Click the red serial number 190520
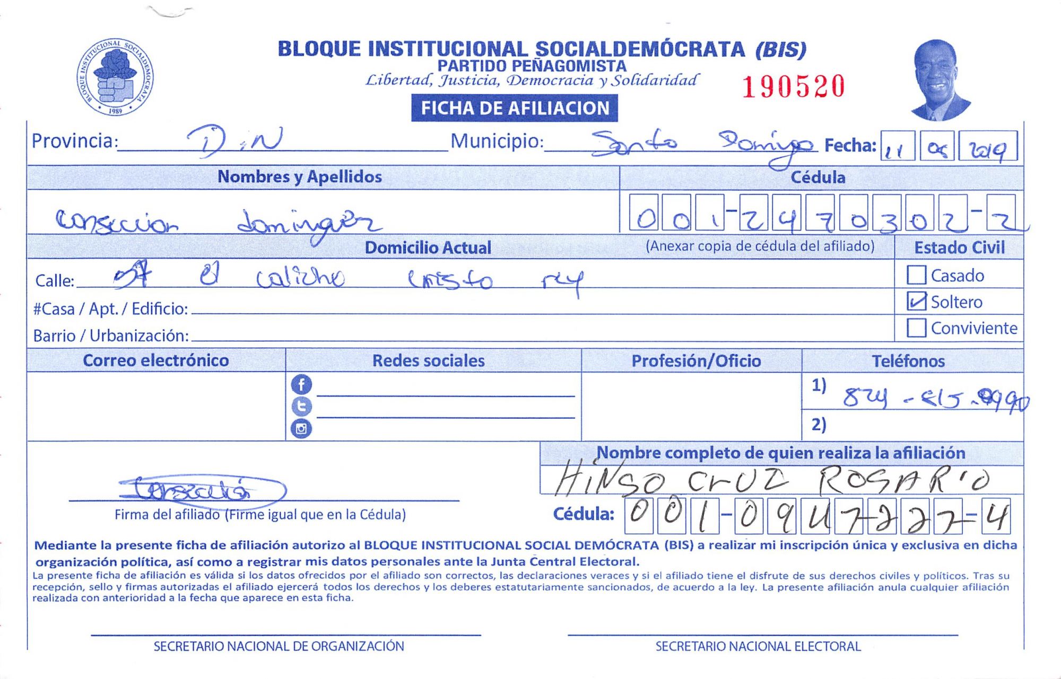pyautogui.click(x=793, y=87)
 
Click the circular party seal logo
pyautogui.click(x=115, y=77)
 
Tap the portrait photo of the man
pyautogui.click(x=940, y=80)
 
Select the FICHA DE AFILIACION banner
pyautogui.click(x=514, y=108)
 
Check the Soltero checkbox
pyautogui.click(x=916, y=301)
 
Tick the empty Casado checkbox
pyautogui.click(x=916, y=275)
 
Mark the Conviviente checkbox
pyautogui.click(x=916, y=328)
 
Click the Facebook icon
pyautogui.click(x=301, y=384)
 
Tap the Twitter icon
pyautogui.click(x=301, y=407)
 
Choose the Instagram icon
pyautogui.click(x=301, y=428)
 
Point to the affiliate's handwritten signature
pyautogui.click(x=202, y=489)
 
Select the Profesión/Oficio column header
pyautogui.click(x=696, y=361)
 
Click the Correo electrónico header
pyautogui.click(x=156, y=360)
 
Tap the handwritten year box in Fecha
pyautogui.click(x=991, y=147)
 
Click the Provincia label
pyautogui.click(x=74, y=141)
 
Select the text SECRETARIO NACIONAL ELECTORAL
pyautogui.click(x=758, y=646)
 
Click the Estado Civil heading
pyautogui.click(x=959, y=248)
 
